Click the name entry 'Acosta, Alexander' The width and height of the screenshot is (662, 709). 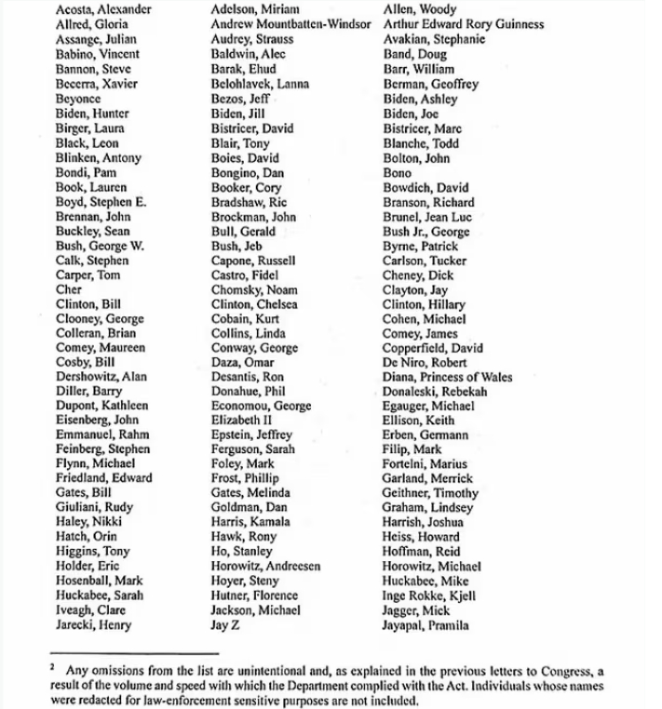(x=103, y=10)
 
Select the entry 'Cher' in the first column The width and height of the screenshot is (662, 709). (x=69, y=289)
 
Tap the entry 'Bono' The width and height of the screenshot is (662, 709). (x=398, y=173)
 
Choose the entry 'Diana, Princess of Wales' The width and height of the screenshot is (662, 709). (x=447, y=377)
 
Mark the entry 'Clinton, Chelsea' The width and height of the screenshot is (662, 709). (x=254, y=304)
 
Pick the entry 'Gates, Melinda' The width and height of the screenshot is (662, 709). (x=250, y=493)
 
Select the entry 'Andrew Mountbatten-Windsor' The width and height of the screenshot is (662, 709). (x=292, y=25)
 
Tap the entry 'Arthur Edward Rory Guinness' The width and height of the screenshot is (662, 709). (x=464, y=25)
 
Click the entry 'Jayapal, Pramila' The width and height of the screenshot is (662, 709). (x=426, y=625)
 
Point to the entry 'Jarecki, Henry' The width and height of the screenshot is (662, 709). (x=93, y=625)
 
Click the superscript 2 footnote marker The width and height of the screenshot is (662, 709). (x=54, y=667)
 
